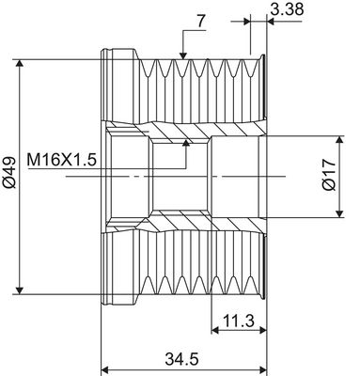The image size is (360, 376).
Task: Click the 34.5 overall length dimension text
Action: pos(181,359)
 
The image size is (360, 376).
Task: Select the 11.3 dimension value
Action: pos(239,321)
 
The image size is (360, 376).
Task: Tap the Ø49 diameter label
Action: pos(10,172)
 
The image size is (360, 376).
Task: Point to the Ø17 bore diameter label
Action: pos(329,175)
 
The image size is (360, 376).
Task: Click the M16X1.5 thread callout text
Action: pos(61,160)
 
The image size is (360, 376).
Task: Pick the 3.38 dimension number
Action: pos(287,9)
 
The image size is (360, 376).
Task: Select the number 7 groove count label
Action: pos(201,22)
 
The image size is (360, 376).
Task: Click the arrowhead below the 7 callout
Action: pos(183,55)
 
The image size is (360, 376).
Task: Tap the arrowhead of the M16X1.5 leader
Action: pos(186,143)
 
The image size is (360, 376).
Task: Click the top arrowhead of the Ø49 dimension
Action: pos(20,63)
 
